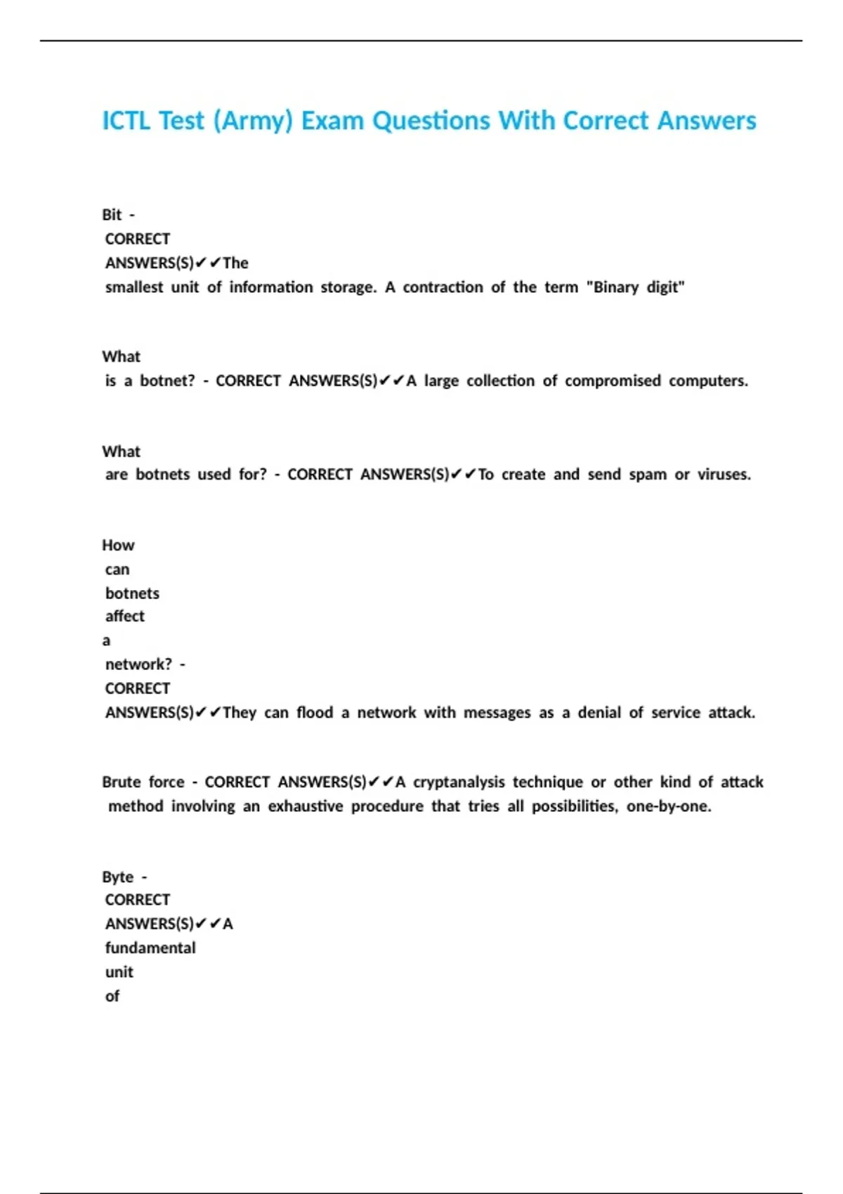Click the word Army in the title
click(253, 122)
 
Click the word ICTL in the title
click(126, 121)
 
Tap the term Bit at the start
click(112, 215)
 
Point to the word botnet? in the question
click(167, 381)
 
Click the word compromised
click(613, 381)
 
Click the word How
click(118, 546)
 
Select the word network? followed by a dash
click(138, 664)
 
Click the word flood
click(315, 713)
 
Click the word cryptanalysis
click(459, 782)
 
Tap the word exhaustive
click(306, 806)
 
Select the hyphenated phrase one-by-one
click(668, 806)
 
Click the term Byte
click(117, 877)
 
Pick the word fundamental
click(150, 948)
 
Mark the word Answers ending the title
click(707, 121)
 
